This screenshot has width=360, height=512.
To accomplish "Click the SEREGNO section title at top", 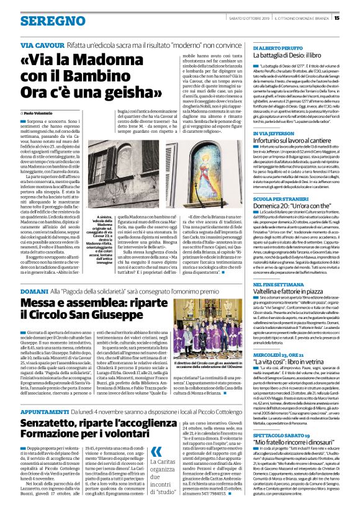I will coord(45,21).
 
